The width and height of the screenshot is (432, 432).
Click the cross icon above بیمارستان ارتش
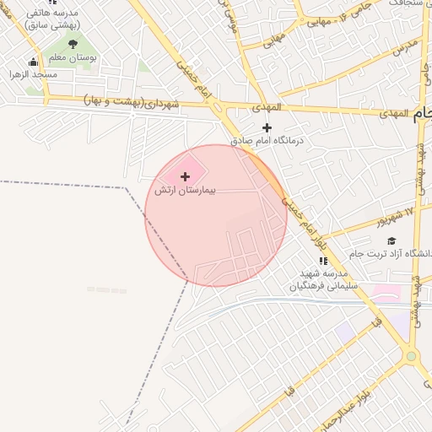pos(185,176)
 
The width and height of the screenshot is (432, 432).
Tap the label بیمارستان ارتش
pos(185,191)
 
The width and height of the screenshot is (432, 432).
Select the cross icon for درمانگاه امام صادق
pos(267,127)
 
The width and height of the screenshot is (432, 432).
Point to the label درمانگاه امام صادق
pos(267,142)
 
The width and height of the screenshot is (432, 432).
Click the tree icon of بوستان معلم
pos(73,43)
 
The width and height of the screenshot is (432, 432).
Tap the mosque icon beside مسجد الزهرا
pos(33,62)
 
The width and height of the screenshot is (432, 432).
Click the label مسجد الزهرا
pos(34,75)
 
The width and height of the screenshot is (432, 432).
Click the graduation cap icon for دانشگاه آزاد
pos(391,241)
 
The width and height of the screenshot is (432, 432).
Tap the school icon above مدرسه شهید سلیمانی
pos(322,261)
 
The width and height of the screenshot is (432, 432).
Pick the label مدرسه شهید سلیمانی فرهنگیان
pos(324,280)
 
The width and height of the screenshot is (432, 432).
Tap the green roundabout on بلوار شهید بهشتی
pos(411,357)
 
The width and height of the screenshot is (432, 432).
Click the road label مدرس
pos(406,45)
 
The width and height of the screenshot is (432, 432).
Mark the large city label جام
pos(423,116)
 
